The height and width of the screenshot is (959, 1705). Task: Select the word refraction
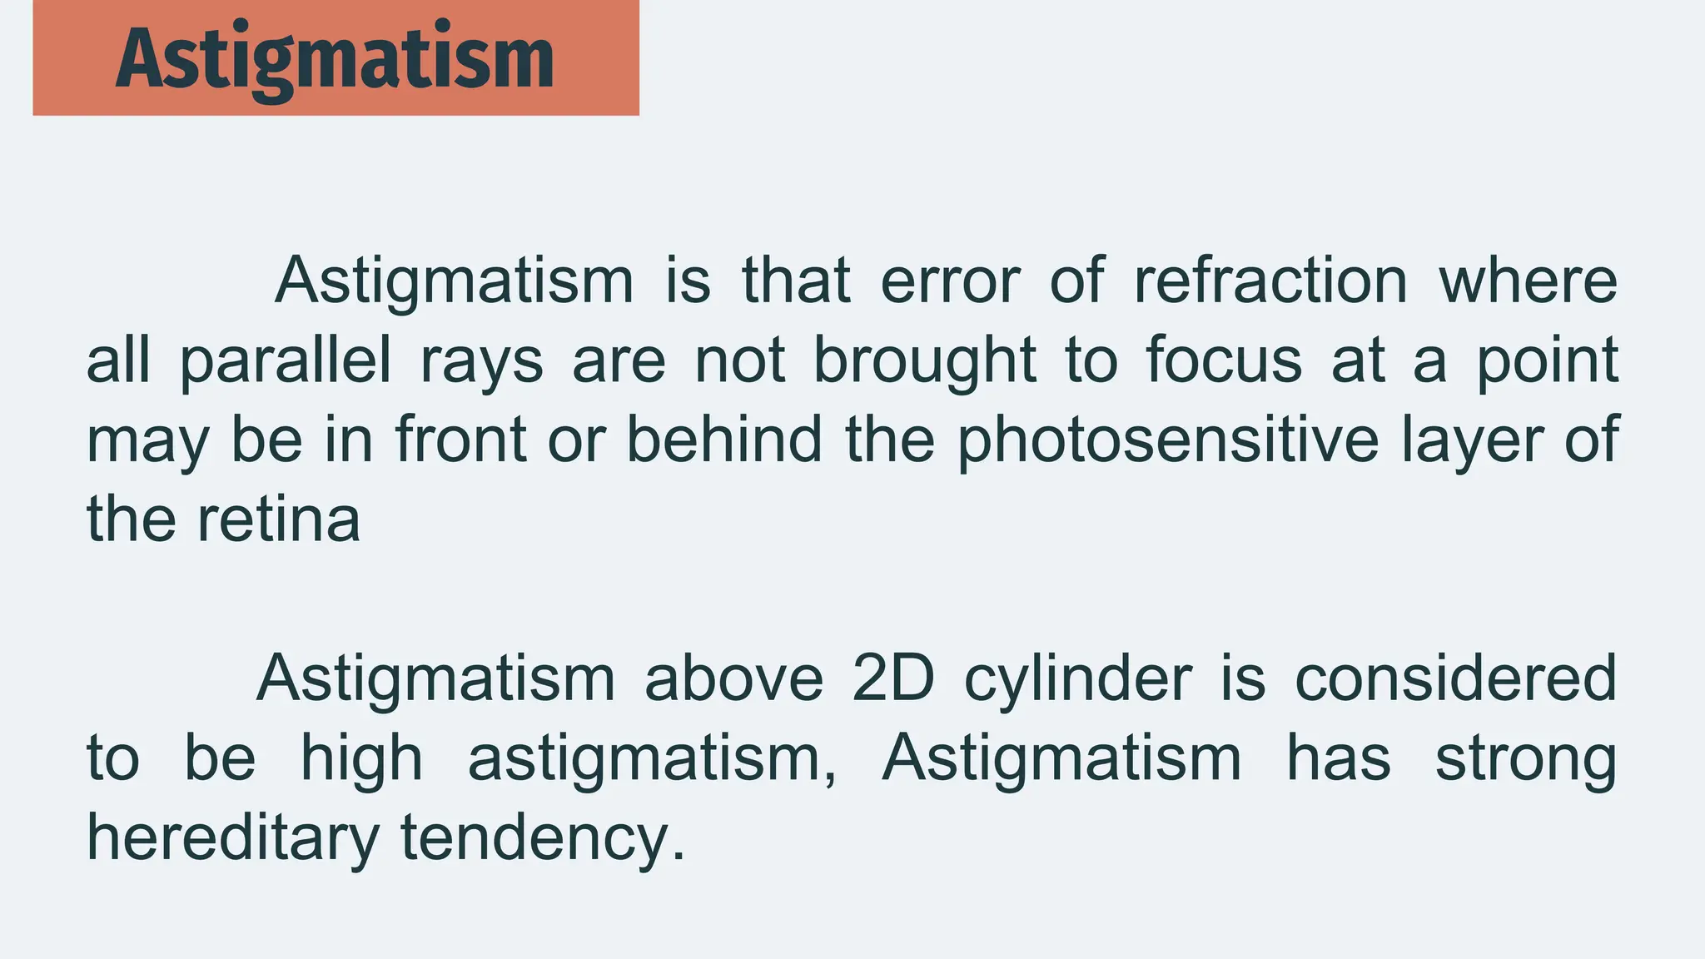pos(1270,281)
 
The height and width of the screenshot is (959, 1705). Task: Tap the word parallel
pos(286,361)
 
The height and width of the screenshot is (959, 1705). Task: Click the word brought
pos(924,361)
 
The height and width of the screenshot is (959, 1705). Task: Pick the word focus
pos(1224,361)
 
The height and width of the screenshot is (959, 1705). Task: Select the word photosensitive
pos(1168,440)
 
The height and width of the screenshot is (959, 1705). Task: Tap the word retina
pos(279,519)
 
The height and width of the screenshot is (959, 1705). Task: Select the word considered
pos(1455,678)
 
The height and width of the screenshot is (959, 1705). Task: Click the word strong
pos(1525,760)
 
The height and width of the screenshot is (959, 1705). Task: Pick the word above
pos(733,678)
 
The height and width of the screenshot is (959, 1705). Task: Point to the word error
pos(950,281)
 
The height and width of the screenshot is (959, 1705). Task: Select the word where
pos(1529,281)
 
